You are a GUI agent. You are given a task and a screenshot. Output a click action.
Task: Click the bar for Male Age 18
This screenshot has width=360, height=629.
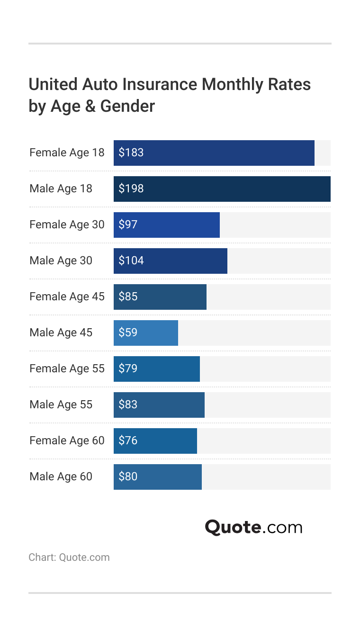pyautogui.click(x=222, y=189)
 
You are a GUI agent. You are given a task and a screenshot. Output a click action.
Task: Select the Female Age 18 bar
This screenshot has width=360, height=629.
pyautogui.click(x=214, y=153)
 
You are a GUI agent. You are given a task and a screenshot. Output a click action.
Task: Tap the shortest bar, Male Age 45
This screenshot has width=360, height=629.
pyautogui.click(x=146, y=333)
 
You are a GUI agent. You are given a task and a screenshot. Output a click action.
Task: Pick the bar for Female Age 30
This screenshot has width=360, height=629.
pyautogui.click(x=167, y=225)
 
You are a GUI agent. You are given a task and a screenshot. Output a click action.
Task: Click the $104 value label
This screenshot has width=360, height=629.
pyautogui.click(x=131, y=261)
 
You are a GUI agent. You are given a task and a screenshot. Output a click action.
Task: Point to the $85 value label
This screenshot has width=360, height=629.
pyautogui.click(x=128, y=297)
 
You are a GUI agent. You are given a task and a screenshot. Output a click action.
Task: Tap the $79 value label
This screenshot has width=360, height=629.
pyautogui.click(x=128, y=368)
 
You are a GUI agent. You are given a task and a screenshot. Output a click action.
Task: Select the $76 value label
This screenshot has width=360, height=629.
pyautogui.click(x=128, y=440)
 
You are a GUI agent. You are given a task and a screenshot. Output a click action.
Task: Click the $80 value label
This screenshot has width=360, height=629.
pyautogui.click(x=128, y=476)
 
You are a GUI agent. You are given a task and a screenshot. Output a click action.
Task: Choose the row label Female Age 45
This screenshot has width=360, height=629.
pyautogui.click(x=67, y=297)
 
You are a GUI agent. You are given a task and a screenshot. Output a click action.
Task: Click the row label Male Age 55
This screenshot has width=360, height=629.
pyautogui.click(x=61, y=404)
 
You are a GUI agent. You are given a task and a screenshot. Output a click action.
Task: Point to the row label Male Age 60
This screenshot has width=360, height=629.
pyautogui.click(x=61, y=476)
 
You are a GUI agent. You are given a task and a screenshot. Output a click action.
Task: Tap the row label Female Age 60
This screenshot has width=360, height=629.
pyautogui.click(x=67, y=440)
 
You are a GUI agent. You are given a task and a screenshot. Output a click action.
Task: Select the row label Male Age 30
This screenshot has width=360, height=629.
pyautogui.click(x=61, y=261)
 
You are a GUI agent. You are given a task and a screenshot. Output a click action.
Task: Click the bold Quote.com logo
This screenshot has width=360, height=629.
pyautogui.click(x=253, y=527)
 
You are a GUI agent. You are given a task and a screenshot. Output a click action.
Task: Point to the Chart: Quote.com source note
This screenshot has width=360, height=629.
pyautogui.click(x=69, y=557)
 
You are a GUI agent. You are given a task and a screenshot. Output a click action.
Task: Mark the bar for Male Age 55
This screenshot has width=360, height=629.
pyautogui.click(x=159, y=405)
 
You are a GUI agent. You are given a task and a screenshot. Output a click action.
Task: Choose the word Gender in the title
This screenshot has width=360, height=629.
pyautogui.click(x=127, y=106)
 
